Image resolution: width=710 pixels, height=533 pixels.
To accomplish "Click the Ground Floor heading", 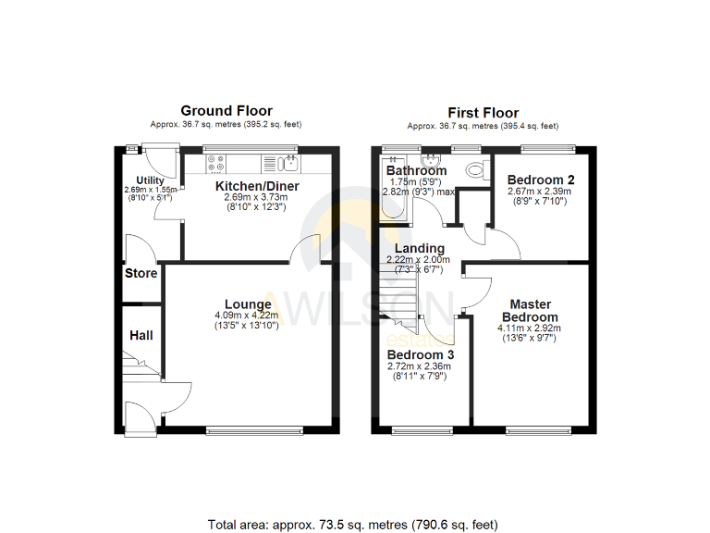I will pyautogui.click(x=226, y=111).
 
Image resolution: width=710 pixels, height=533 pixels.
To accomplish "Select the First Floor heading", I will pyautogui.click(x=483, y=112).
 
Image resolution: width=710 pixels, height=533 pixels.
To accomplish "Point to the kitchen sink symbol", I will pyautogui.click(x=289, y=164).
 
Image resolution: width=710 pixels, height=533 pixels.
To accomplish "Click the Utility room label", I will pyautogui.click(x=150, y=180).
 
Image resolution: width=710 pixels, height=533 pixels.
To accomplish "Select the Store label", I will pyautogui.click(x=141, y=273).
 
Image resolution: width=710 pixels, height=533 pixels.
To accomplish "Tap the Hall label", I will pyautogui.click(x=141, y=335).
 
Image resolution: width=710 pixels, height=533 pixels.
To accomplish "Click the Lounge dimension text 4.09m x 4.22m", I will pyautogui.click(x=248, y=315).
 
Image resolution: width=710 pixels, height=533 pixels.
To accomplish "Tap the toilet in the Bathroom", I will pyautogui.click(x=476, y=169).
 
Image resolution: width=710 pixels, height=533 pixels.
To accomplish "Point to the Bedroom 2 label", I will pyautogui.click(x=542, y=180).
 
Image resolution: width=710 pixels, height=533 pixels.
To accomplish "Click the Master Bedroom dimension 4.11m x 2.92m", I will pyautogui.click(x=530, y=328).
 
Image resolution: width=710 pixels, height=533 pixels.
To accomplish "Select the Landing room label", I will pyautogui.click(x=419, y=248).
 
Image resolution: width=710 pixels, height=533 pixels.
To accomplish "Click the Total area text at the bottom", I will pyautogui.click(x=355, y=524).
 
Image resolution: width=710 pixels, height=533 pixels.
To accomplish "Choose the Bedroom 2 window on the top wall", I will pyautogui.click(x=548, y=148).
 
